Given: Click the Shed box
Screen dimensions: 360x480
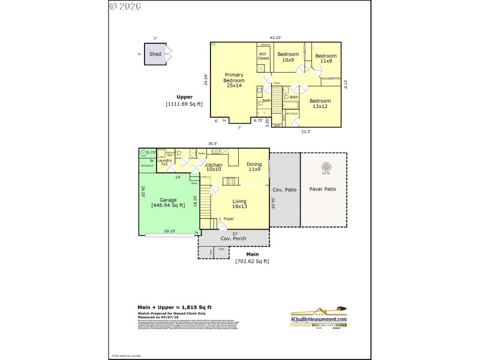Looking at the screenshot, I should click(155, 54).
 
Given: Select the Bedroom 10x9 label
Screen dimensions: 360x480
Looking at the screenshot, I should click(288, 57).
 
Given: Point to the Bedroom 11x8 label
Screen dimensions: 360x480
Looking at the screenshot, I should click(326, 58).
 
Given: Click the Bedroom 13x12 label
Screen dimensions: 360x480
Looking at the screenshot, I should click(320, 104).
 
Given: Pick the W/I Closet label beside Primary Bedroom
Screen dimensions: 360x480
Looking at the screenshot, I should click(263, 57).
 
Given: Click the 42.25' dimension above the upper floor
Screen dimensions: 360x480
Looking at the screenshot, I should click(275, 38).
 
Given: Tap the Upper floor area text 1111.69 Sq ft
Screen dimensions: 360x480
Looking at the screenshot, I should click(184, 104).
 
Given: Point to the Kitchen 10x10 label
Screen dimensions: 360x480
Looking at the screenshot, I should click(214, 167).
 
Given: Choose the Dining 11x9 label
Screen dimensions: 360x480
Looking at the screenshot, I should click(254, 167).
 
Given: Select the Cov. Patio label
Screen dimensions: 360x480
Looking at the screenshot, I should click(284, 190).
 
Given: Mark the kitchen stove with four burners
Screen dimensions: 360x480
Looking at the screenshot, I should click(184, 154).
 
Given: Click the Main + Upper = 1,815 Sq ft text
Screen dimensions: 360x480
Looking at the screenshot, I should click(174, 307).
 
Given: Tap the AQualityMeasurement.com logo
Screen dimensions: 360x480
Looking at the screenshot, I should click(319, 316).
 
